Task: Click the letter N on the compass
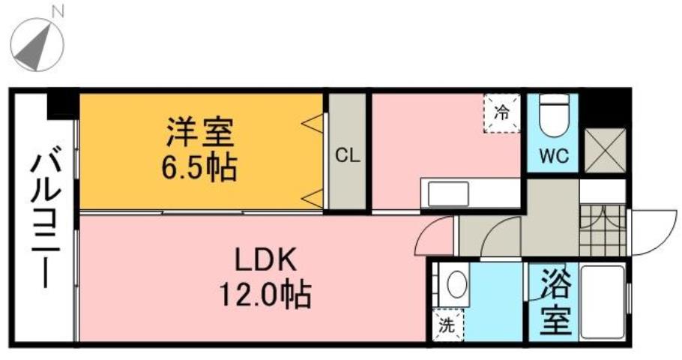pos(58,10)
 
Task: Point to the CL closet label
pos(347,156)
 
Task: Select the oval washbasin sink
pos(455,286)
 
